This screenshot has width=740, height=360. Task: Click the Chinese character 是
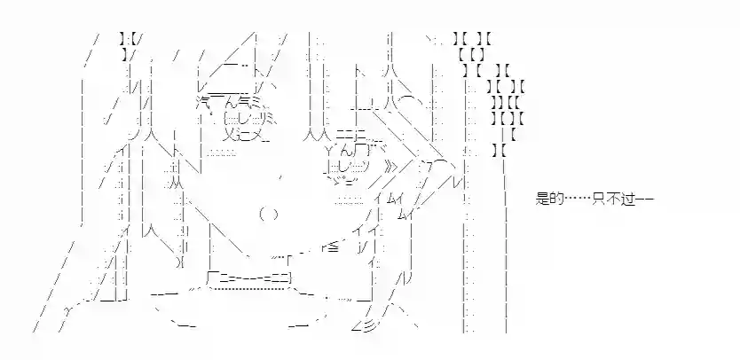tap(545, 200)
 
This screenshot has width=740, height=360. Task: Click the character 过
tap(630, 200)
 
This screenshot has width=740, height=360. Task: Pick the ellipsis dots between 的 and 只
tap(579, 200)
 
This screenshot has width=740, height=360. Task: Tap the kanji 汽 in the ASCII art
tap(204, 102)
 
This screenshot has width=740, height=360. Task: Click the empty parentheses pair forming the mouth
tap(269, 214)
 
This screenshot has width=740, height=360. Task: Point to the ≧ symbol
tap(331, 247)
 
